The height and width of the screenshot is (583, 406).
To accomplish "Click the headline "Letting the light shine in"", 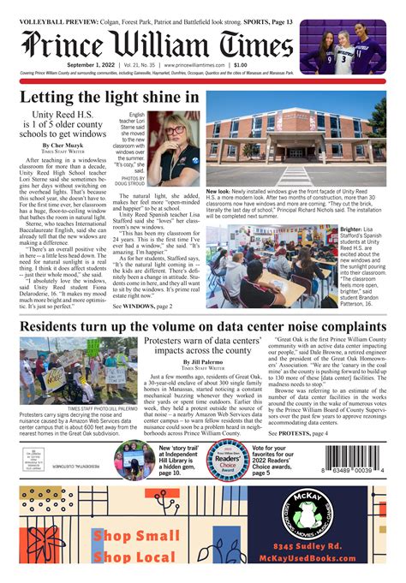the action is point(114,98).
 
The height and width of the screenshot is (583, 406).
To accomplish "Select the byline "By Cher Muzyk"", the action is point(62,146).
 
